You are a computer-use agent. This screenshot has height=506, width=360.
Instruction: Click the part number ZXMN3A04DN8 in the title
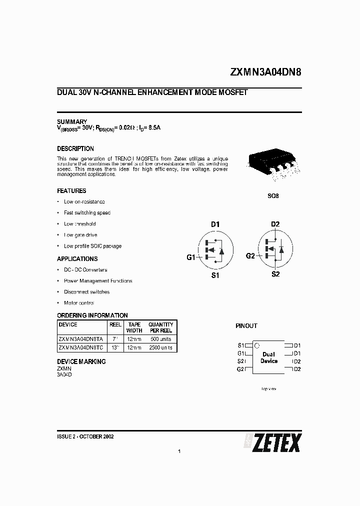coord(265,71)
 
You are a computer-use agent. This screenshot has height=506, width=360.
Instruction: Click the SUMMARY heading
coord(72,122)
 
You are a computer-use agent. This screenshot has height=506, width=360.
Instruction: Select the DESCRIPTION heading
coord(75,149)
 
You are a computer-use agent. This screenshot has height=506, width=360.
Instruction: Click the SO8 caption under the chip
coord(273,196)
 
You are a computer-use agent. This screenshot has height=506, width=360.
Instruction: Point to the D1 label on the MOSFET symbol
coord(215,224)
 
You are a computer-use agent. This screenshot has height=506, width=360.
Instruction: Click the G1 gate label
coord(190,257)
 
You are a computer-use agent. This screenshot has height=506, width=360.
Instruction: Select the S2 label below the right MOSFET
coord(275,274)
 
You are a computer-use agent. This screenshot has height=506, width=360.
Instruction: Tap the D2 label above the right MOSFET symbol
coord(275,224)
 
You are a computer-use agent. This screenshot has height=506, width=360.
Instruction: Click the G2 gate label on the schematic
coord(250,256)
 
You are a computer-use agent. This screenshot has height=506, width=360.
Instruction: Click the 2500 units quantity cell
coord(160,347)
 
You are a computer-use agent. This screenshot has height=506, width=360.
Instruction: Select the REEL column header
coord(115,324)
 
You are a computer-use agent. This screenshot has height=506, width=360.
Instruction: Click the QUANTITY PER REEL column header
coord(160,327)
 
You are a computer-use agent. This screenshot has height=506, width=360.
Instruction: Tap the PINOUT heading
coord(246,326)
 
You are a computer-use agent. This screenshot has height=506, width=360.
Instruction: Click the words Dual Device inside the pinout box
coord(268,357)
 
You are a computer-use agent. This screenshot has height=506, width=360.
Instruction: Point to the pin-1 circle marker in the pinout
coord(257,345)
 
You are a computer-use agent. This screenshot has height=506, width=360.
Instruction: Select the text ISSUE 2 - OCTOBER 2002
coord(86,436)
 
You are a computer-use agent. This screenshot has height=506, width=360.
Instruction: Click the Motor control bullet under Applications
coord(79,303)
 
